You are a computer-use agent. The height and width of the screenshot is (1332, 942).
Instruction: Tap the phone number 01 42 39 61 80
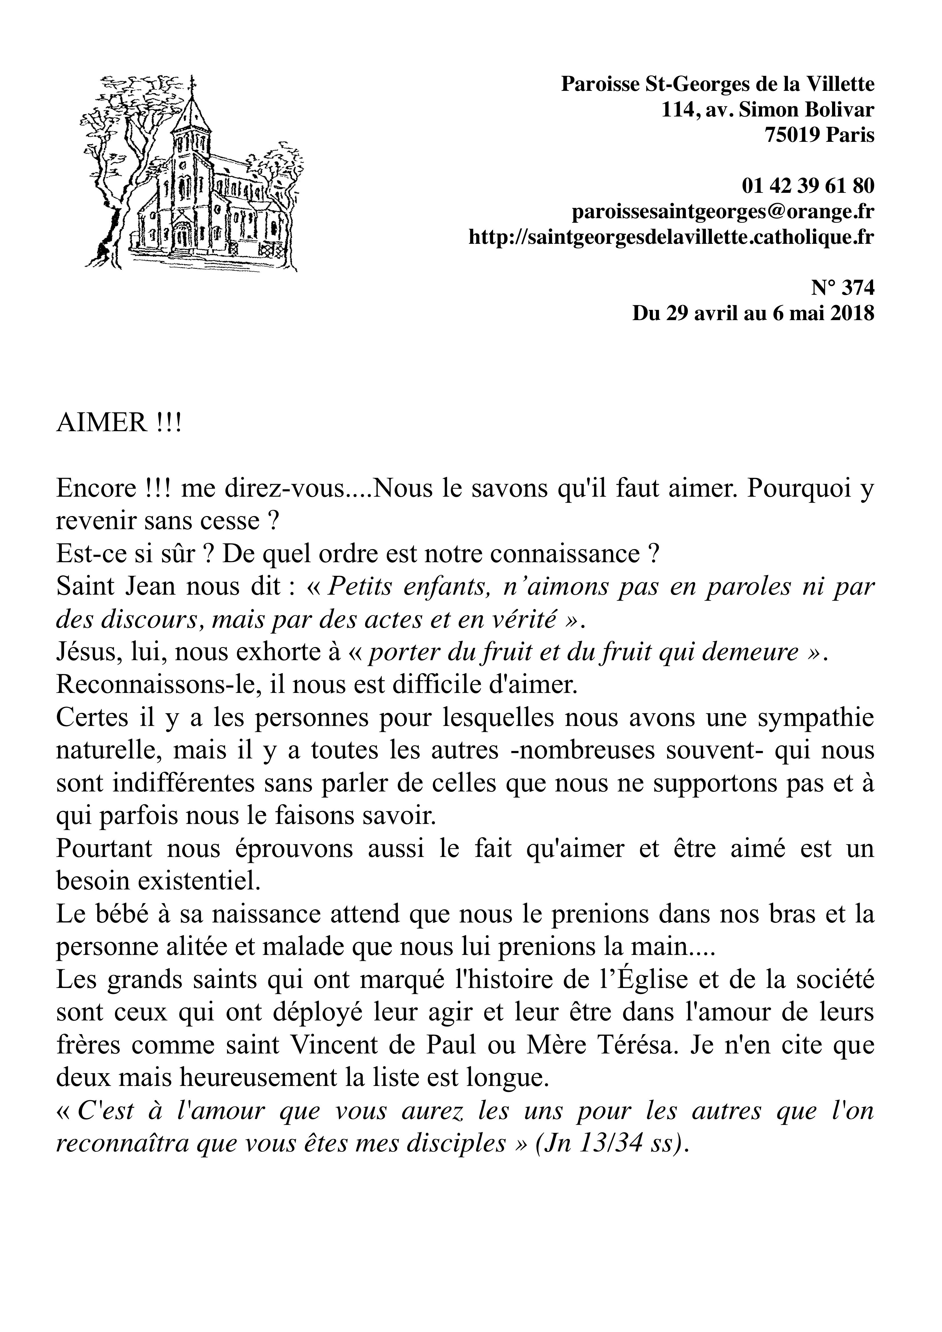click(808, 186)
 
